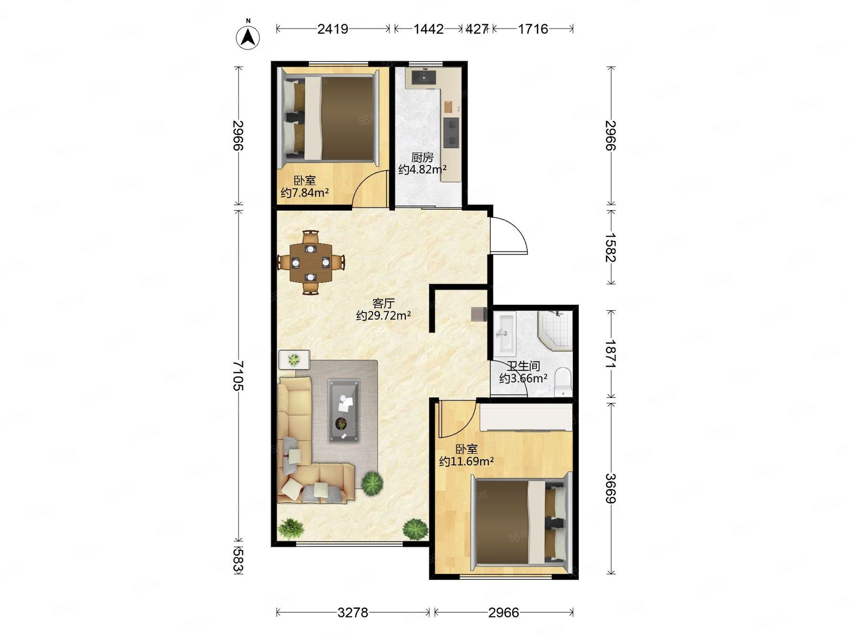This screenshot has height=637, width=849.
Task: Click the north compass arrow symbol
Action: pyautogui.click(x=248, y=38)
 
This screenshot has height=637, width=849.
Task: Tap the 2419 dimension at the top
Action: pyautogui.click(x=333, y=29)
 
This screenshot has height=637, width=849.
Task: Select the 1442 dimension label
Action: pyautogui.click(x=428, y=29)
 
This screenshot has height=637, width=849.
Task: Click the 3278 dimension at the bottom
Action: pyautogui.click(x=353, y=613)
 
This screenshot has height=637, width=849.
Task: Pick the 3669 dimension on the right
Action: pyautogui.click(x=611, y=488)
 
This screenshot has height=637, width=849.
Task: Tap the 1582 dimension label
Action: pyautogui.click(x=611, y=248)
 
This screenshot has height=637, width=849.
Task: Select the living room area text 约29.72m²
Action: pyautogui.click(x=383, y=316)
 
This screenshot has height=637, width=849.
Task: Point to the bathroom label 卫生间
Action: pyautogui.click(x=523, y=366)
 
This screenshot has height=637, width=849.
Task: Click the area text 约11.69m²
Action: pyautogui.click(x=466, y=461)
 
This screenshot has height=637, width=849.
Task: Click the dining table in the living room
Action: pyautogui.click(x=311, y=263)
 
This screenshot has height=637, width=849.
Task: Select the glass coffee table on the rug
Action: pyautogui.click(x=344, y=411)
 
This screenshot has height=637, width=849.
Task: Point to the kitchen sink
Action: pyautogui.click(x=424, y=77)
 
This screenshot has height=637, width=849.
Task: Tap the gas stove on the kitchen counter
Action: pyautogui.click(x=451, y=132)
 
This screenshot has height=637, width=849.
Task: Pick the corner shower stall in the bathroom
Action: pyautogui.click(x=555, y=331)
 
